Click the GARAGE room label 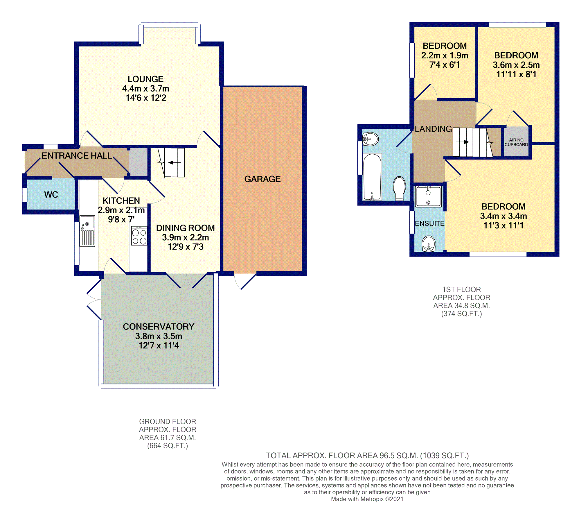(x=262, y=179)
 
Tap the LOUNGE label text (x=145, y=79)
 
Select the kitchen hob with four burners (x=139, y=236)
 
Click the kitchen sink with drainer (x=87, y=231)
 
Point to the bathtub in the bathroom (x=372, y=177)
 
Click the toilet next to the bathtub (x=399, y=188)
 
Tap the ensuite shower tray (x=428, y=196)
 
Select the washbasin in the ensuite (x=429, y=243)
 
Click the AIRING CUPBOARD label (x=516, y=142)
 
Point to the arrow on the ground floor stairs (x=175, y=162)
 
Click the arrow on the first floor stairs (x=463, y=142)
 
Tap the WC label (x=51, y=195)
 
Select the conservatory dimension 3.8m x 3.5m (x=159, y=336)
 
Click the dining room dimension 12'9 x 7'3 (x=186, y=247)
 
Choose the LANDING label (x=433, y=129)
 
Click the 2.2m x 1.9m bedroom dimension (x=445, y=55)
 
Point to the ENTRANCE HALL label (x=77, y=156)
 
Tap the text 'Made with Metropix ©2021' (x=367, y=499)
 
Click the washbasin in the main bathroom (x=371, y=139)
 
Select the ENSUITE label (x=429, y=223)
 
